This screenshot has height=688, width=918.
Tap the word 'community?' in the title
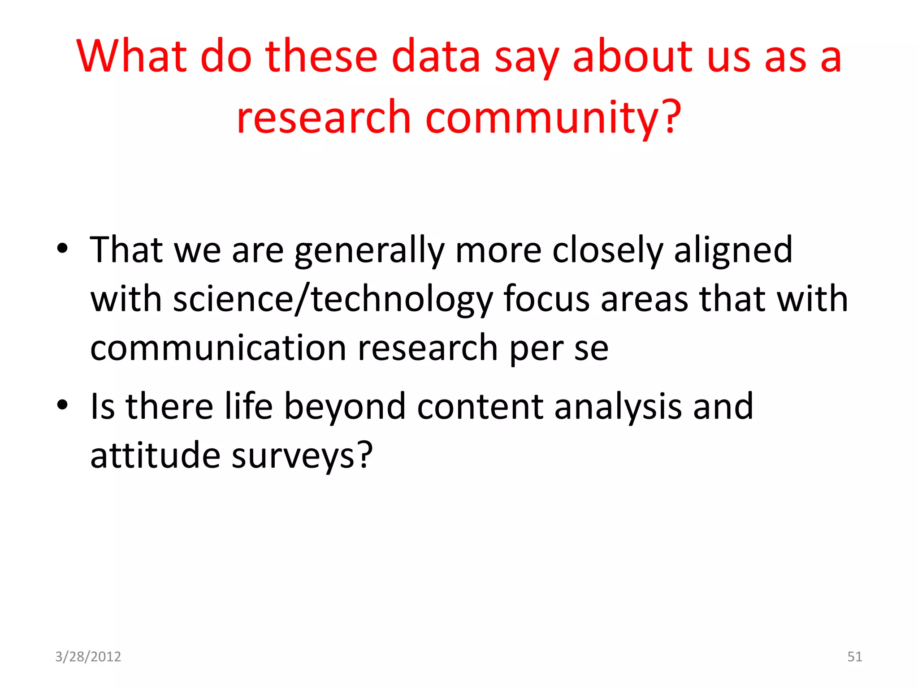pyautogui.click(x=553, y=118)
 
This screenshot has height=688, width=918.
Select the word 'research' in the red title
pyautogui.click(x=324, y=118)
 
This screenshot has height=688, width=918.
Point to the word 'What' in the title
pyautogui.click(x=131, y=57)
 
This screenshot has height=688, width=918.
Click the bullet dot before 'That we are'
pyautogui.click(x=62, y=249)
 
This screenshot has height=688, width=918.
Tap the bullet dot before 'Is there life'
pyautogui.click(x=62, y=405)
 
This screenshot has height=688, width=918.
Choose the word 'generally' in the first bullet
pyautogui.click(x=369, y=251)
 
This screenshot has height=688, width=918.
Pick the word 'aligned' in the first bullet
pyautogui.click(x=733, y=250)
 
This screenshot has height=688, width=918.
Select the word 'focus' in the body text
pyautogui.click(x=546, y=299)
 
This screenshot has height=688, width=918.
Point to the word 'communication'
pyautogui.click(x=218, y=348)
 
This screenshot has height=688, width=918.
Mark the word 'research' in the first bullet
pyautogui.click(x=428, y=348)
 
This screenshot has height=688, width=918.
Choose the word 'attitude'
pyautogui.click(x=155, y=456)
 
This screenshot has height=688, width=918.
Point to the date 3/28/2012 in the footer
pyautogui.click(x=88, y=657)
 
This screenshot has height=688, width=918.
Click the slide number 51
pyautogui.click(x=854, y=657)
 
